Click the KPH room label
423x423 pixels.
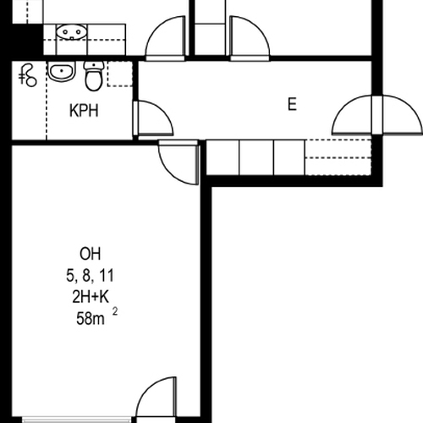tap(84, 111)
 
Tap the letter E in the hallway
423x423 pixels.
tap(292, 104)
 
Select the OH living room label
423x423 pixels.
tap(91, 254)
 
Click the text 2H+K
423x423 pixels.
tap(91, 297)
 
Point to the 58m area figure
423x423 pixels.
tap(91, 319)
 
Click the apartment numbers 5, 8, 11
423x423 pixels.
tap(90, 275)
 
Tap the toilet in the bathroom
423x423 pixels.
tap(94, 75)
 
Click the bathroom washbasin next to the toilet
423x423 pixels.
tap(62, 71)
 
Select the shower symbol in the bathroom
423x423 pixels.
tap(28, 75)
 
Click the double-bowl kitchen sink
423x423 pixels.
tap(71, 32)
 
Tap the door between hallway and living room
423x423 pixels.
tap(179, 162)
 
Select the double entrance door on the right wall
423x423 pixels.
tap(377, 115)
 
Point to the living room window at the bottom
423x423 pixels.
tap(76, 420)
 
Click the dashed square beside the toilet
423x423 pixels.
tap(120, 74)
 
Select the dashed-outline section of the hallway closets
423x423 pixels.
tap(338, 157)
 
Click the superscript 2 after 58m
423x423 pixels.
tap(115, 311)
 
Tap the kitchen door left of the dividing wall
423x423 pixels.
tap(165, 38)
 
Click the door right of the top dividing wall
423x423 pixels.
tap(250, 38)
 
